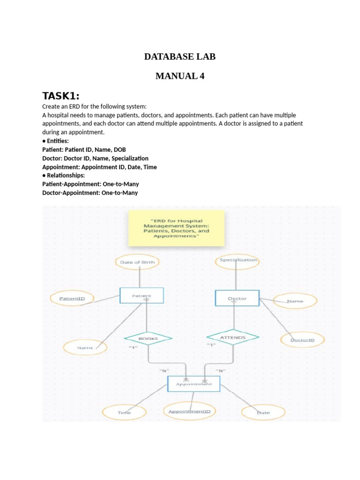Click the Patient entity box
[x=142, y=296]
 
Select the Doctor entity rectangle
[x=237, y=299]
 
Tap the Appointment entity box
[x=194, y=384]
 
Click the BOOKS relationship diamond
[x=148, y=338]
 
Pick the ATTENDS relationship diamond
[x=232, y=337]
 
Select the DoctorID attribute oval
[x=302, y=339]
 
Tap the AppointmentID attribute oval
[x=189, y=412]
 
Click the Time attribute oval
[x=124, y=412]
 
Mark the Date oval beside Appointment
[x=263, y=412]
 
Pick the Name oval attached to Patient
[x=85, y=348]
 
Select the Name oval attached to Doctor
[x=294, y=301]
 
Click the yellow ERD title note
[x=176, y=229]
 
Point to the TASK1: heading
[x=61, y=96]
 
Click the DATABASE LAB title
[x=180, y=57]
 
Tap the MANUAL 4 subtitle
[x=180, y=76]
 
